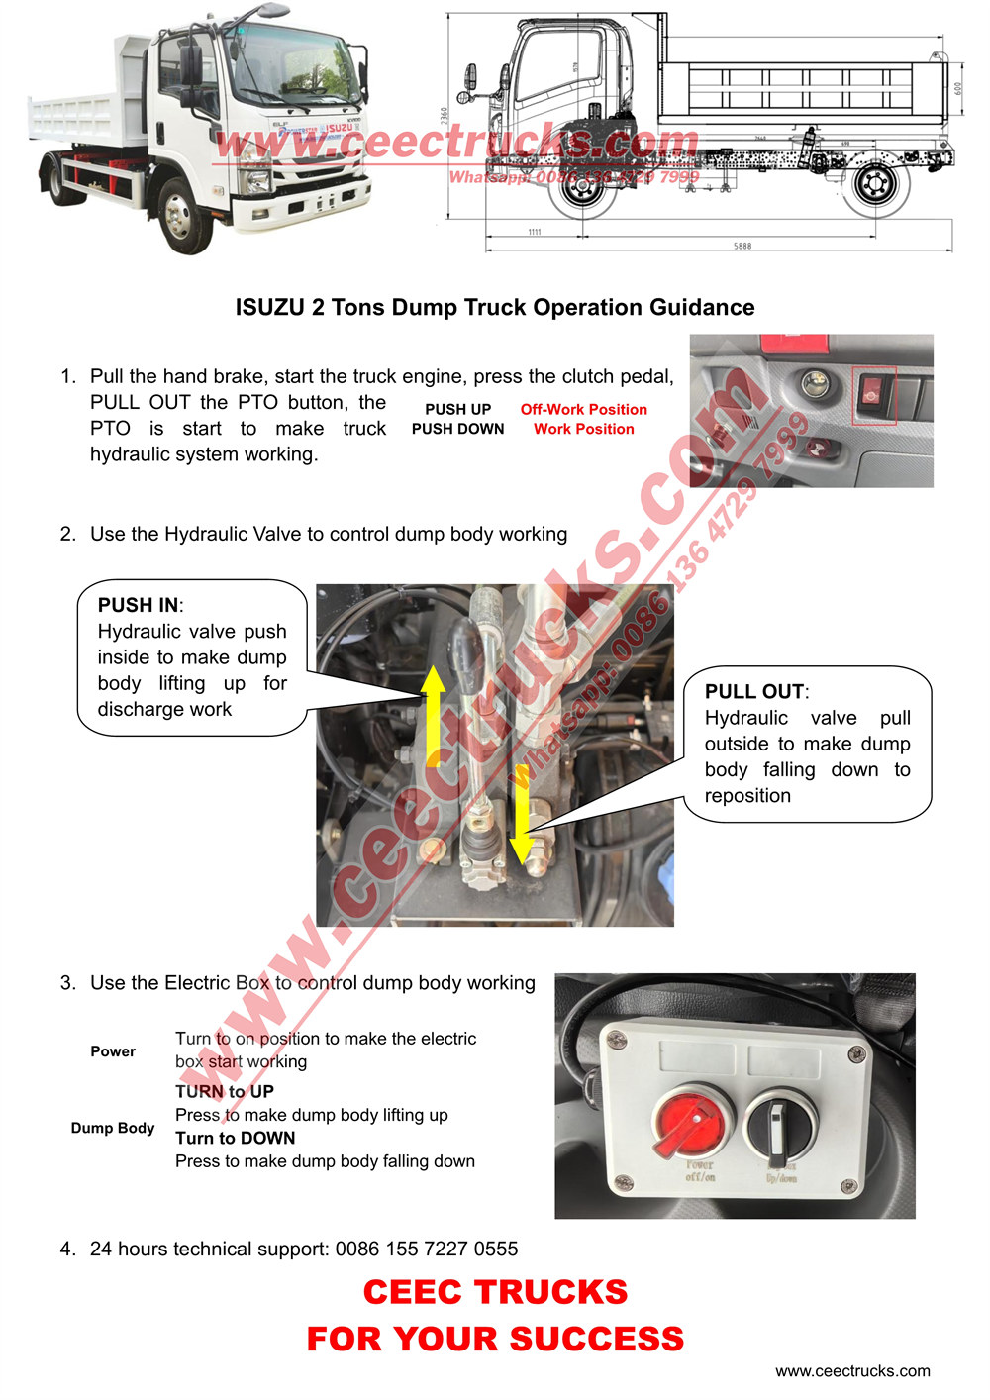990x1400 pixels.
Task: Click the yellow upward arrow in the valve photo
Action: click(x=434, y=715)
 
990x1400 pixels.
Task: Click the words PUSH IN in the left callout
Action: click(x=139, y=605)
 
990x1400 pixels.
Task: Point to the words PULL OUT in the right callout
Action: click(x=754, y=692)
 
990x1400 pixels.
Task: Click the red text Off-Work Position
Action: click(x=583, y=409)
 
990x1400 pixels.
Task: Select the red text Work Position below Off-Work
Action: click(x=583, y=429)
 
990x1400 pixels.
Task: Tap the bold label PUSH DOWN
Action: click(x=457, y=429)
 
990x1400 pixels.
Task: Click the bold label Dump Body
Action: click(x=113, y=1128)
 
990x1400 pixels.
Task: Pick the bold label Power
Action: click(x=113, y=1051)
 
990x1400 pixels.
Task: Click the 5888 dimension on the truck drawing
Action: click(x=742, y=246)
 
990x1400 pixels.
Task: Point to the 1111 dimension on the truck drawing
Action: click(x=535, y=232)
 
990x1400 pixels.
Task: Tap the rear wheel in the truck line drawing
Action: click(x=875, y=185)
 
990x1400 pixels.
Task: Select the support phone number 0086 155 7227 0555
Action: click(x=427, y=1249)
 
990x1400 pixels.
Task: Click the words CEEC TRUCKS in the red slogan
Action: click(x=495, y=1292)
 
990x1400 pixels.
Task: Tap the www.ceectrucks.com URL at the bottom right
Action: click(x=852, y=1371)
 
